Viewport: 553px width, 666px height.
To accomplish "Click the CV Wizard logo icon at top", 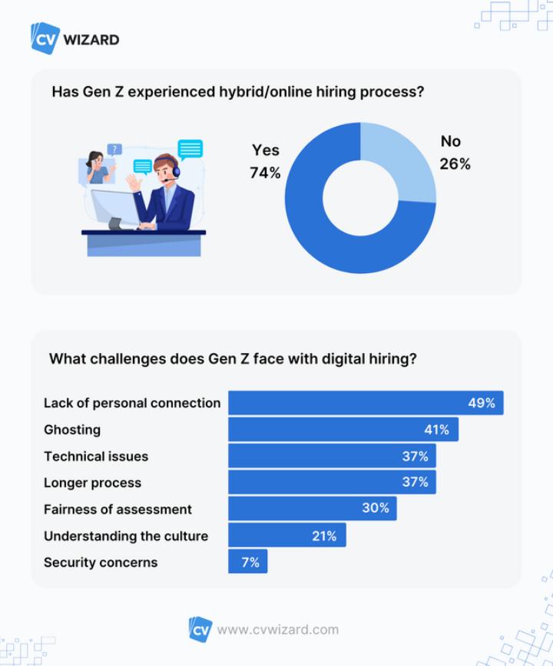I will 45,38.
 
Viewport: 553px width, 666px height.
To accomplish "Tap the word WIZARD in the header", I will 91,39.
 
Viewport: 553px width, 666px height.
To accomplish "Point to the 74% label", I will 265,173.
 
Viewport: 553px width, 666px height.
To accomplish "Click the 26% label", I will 455,164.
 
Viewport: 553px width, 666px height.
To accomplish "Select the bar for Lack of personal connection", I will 366,403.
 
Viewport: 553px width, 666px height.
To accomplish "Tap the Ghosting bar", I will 343,430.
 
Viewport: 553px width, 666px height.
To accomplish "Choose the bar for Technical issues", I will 332,456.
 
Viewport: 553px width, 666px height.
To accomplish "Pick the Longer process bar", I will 332,483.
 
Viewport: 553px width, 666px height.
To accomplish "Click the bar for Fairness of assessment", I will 312,509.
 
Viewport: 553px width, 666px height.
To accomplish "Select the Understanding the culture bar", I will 286,536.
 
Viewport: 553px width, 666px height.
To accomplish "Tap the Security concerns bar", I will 247,562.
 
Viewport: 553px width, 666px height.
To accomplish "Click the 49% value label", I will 482,403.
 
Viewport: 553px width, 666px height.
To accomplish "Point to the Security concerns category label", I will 101,562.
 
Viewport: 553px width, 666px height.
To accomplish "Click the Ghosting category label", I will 72,430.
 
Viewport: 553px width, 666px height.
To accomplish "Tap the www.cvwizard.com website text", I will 277,630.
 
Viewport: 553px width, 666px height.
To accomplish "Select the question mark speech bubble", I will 114,150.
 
